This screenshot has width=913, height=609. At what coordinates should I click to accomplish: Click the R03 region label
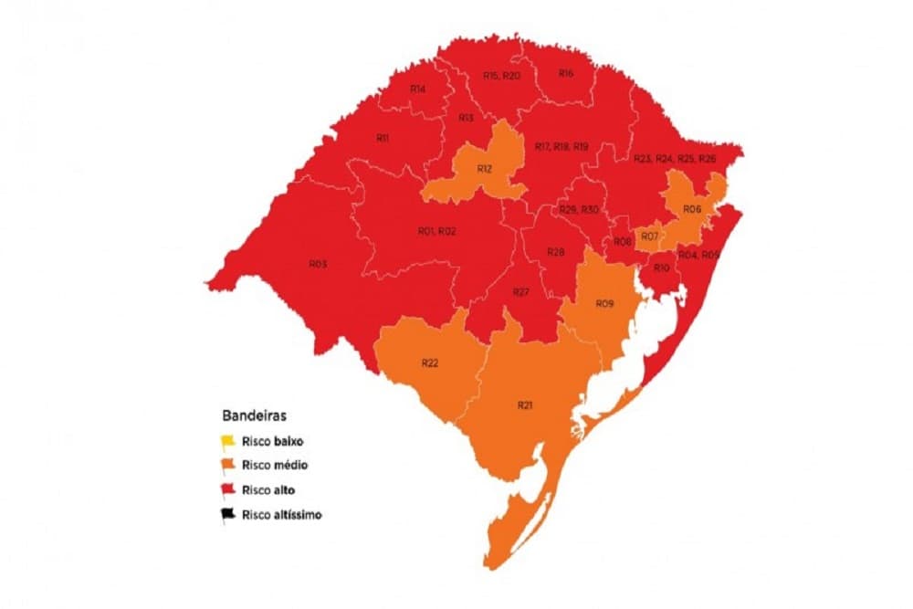318,265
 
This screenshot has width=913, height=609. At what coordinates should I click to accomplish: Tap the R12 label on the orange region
485,170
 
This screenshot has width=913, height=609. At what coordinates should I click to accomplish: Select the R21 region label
525,404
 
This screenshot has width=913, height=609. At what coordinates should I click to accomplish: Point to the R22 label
431,363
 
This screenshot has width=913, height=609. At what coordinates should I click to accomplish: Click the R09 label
603,303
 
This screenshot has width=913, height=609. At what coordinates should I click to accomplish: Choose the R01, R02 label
437,232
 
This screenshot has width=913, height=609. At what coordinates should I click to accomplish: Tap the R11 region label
383,138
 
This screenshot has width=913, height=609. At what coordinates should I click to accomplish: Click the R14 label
418,89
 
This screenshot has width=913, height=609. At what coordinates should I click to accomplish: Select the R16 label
566,74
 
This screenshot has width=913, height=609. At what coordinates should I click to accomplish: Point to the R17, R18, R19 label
561,147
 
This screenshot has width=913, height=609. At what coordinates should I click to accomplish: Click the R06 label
692,209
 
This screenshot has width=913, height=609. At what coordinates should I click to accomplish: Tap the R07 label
650,237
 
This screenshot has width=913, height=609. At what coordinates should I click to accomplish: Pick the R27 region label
520,291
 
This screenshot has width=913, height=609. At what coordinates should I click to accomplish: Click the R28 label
556,252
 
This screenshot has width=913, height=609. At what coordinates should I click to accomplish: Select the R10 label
662,268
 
